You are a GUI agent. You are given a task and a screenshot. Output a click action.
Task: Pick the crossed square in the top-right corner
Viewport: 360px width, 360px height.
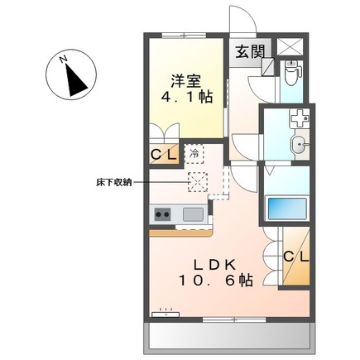(x=291, y=48)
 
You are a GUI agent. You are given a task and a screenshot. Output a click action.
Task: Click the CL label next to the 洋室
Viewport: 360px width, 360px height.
(x=162, y=155)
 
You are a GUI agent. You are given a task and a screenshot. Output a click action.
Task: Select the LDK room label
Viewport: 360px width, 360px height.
(x=217, y=265)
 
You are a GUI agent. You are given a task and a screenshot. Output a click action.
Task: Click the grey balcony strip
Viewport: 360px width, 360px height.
(x=229, y=336)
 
